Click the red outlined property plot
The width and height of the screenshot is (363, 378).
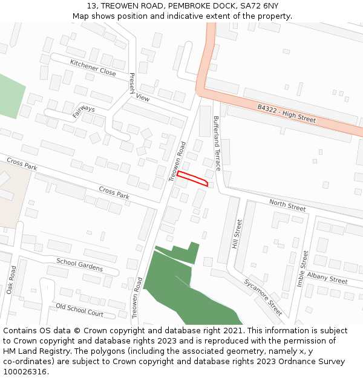[192, 178]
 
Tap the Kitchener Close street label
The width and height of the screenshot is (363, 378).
[93, 67]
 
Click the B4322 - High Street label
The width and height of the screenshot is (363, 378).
[286, 113]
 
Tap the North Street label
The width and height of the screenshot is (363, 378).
[287, 206]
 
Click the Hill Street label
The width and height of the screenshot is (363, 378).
[237, 234]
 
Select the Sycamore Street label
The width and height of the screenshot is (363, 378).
[263, 297]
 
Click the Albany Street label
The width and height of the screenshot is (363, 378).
[327, 278]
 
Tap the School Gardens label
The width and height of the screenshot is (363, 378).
[79, 265]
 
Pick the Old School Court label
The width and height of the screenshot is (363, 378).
[79, 310]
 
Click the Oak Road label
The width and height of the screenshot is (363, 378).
[12, 280]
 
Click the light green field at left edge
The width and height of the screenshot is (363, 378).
[11, 97]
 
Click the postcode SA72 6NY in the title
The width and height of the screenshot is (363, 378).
[258, 5]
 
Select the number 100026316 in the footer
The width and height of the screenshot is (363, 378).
[25, 371]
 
